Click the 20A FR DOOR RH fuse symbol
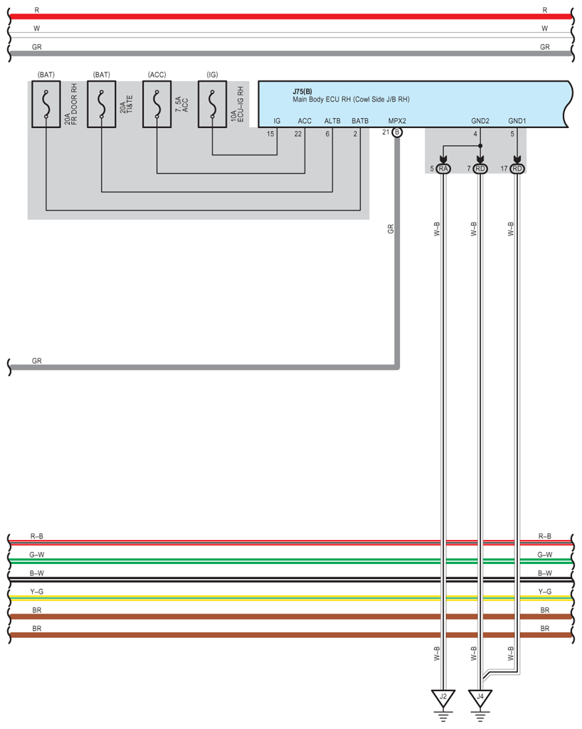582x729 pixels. pyautogui.click(x=46, y=105)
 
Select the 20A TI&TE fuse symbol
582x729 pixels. pyautogui.click(x=101, y=105)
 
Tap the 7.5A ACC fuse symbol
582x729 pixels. pyautogui.click(x=157, y=105)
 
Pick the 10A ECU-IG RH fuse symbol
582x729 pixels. pyautogui.click(x=212, y=105)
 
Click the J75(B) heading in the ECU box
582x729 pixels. pyautogui.click(x=302, y=91)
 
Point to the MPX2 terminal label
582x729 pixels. pyautogui.click(x=397, y=121)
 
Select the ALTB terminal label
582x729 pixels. pyautogui.click(x=332, y=121)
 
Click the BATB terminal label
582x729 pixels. pyautogui.click(x=360, y=121)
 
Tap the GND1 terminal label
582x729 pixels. pyautogui.click(x=517, y=121)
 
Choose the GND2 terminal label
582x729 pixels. pyautogui.click(x=480, y=121)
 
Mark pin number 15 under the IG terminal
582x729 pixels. pyautogui.click(x=270, y=133)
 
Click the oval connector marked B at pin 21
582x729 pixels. pyautogui.click(x=397, y=132)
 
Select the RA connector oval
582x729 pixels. pyautogui.click(x=443, y=169)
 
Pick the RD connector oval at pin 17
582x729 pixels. pyautogui.click(x=517, y=169)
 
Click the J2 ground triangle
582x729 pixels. pyautogui.click(x=443, y=697)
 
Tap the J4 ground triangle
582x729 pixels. pyautogui.click(x=480, y=697)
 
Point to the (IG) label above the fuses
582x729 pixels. pyautogui.click(x=212, y=75)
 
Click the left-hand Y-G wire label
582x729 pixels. pyautogui.click(x=37, y=591)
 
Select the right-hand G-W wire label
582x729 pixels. pyautogui.click(x=545, y=554)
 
